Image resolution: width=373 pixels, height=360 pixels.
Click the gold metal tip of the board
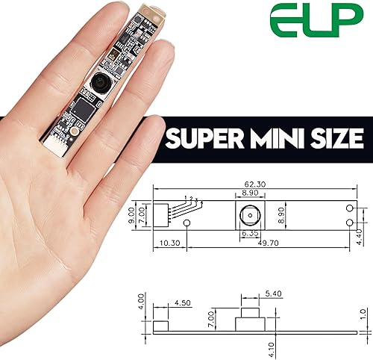click(152, 13)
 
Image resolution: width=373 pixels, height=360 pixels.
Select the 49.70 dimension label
click(269, 243)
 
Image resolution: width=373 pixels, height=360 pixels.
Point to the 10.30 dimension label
click(170, 243)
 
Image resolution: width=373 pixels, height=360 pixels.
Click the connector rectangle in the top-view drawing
click(163, 215)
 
